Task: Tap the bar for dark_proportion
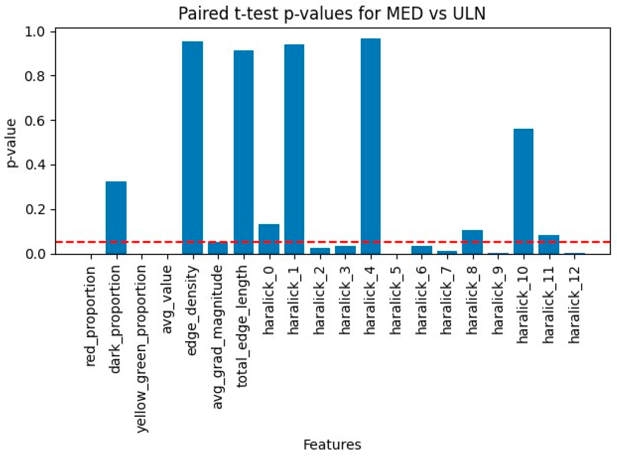116,218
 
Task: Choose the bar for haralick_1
294,149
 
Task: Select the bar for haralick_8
472,242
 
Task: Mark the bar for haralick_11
549,244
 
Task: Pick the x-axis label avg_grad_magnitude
218,337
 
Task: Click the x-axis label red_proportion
91,316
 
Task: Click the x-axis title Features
332,445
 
